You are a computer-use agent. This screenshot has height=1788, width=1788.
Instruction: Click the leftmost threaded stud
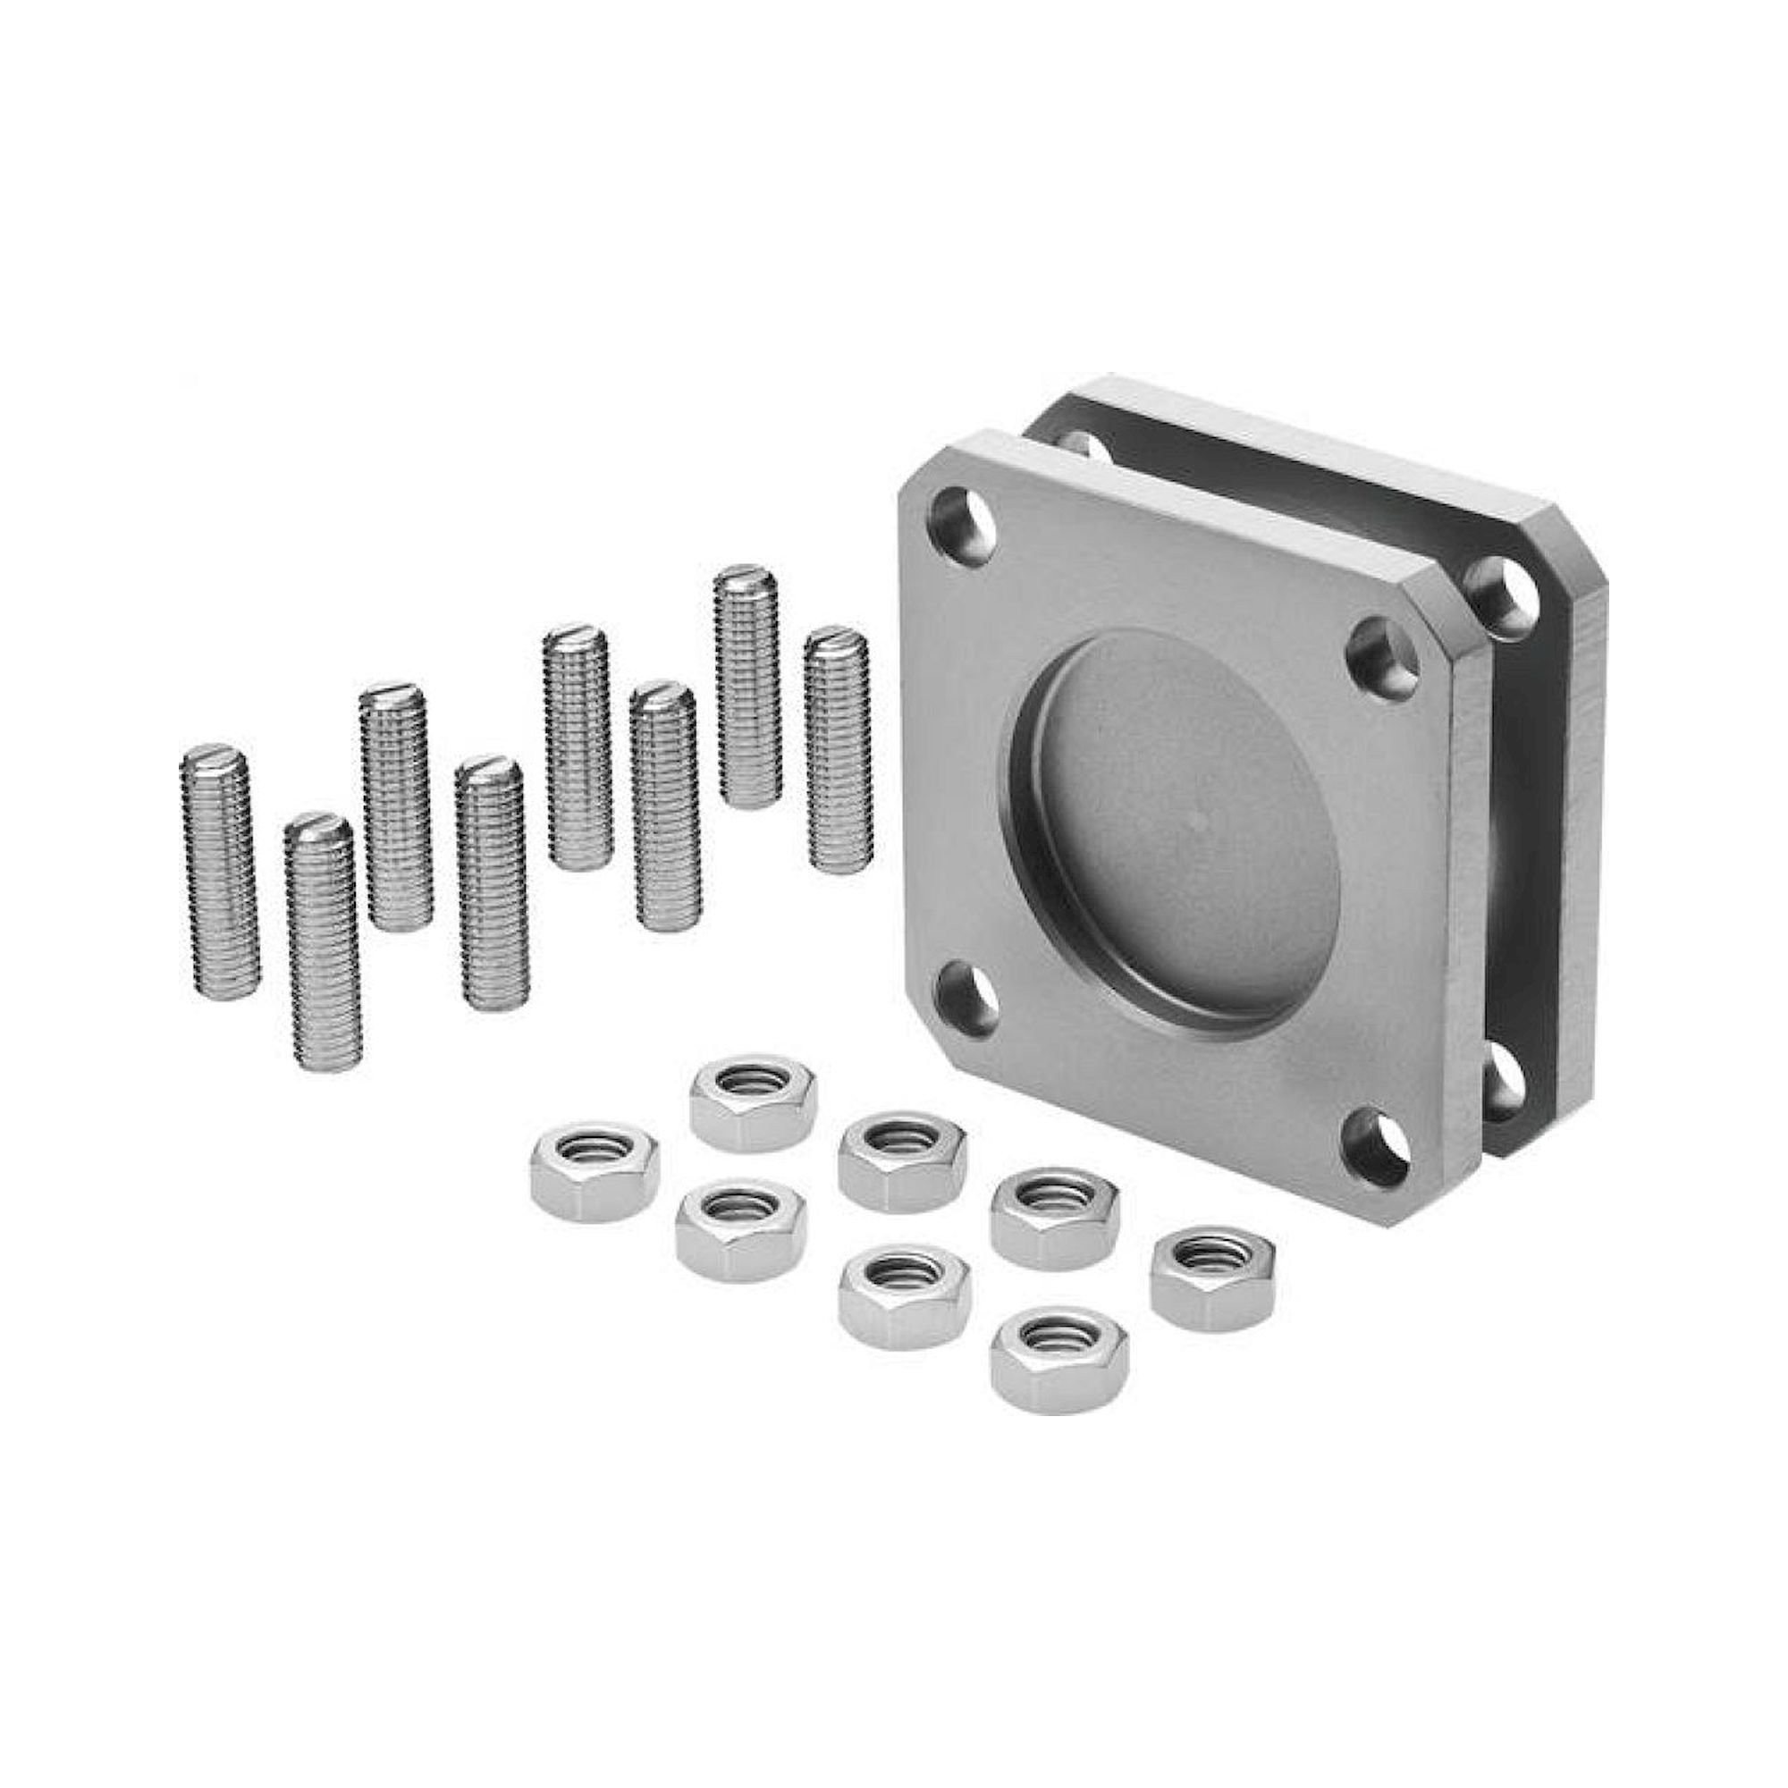coord(218,871)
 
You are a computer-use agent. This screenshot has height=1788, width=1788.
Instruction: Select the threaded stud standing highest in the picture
coord(746,686)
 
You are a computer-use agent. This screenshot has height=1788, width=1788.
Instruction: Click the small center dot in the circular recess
coord(1201,818)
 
